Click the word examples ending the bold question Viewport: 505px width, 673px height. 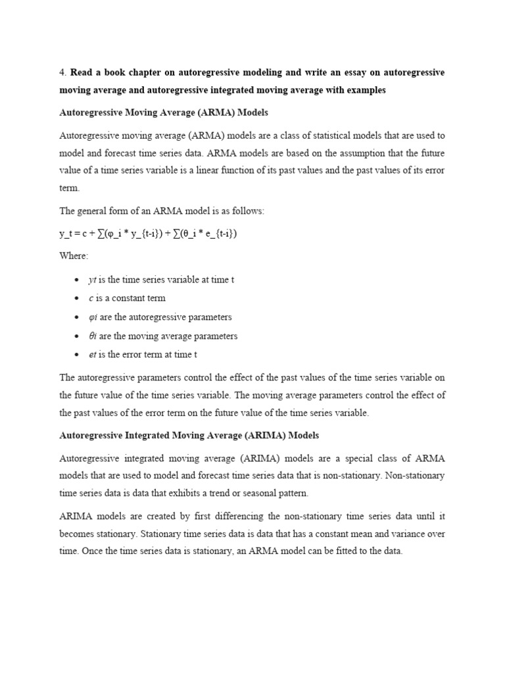pyautogui.click(x=365, y=90)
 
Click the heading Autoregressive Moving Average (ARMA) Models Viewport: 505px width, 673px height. pyautogui.click(x=164, y=113)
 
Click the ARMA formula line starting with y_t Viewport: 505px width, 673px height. pyautogui.click(x=148, y=233)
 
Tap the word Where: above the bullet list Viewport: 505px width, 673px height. pyautogui.click(x=74, y=256)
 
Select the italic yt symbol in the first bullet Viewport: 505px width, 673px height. pyautogui.click(x=92, y=279)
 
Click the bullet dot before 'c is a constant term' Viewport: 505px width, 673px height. pyautogui.click(x=78, y=298)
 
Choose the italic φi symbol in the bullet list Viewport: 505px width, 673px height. pyautogui.click(x=93, y=317)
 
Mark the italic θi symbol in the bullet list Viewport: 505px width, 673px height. pyautogui.click(x=92, y=336)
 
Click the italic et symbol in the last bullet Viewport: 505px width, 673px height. pyautogui.click(x=92, y=354)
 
